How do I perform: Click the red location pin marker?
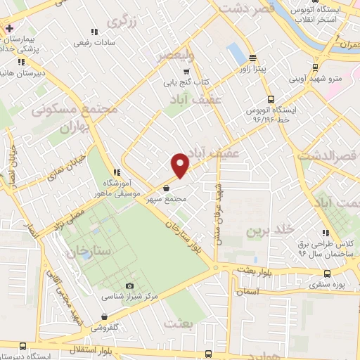(181, 165)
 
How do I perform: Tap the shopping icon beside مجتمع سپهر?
(165, 188)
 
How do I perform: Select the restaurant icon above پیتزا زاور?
(252, 58)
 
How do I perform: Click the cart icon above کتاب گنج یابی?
(186, 71)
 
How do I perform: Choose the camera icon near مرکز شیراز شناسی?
(129, 285)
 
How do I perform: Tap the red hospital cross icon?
(8, 29)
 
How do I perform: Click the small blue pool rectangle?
(236, 52)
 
